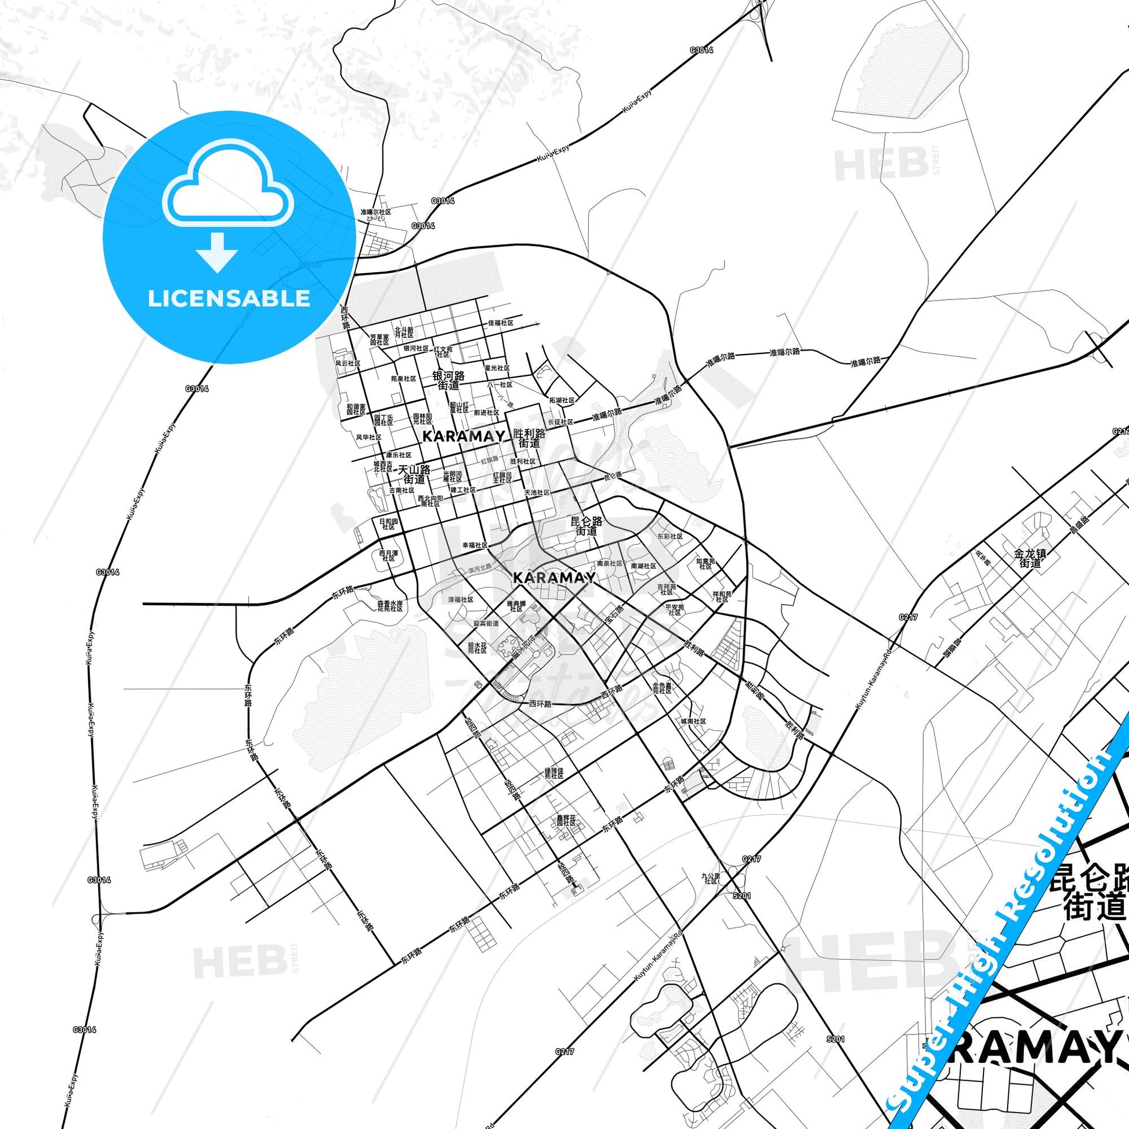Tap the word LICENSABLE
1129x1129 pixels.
point(229,299)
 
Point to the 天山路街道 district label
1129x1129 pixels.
point(414,475)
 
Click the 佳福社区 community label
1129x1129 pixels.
point(501,323)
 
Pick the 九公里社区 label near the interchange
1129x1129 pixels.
point(711,878)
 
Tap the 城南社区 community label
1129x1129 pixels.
point(693,721)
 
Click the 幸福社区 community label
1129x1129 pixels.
point(475,545)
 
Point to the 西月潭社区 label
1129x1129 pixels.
point(388,555)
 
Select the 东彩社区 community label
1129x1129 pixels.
point(670,536)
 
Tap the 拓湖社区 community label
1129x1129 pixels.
point(562,400)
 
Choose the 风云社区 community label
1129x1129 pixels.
point(348,363)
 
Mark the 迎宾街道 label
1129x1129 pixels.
point(486,624)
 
